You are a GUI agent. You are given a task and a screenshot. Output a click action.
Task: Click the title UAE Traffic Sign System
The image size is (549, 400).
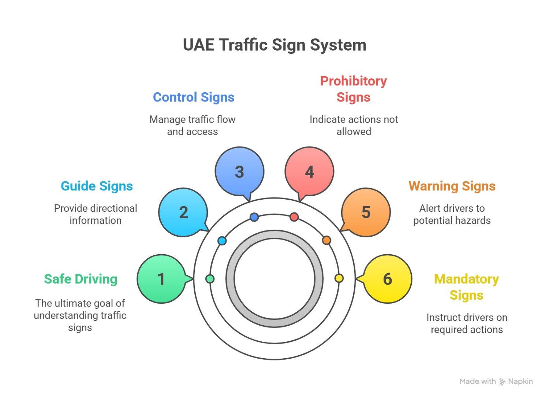point(274,45)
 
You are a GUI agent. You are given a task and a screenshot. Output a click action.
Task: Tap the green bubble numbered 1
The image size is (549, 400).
point(161,279)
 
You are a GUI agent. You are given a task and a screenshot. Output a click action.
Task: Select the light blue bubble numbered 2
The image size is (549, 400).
point(183,212)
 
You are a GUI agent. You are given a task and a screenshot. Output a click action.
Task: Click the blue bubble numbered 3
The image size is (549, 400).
point(239,172)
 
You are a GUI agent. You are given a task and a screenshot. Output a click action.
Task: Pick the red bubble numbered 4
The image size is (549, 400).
point(309,172)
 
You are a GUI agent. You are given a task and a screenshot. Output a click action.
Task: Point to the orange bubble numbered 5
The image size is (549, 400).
point(366,212)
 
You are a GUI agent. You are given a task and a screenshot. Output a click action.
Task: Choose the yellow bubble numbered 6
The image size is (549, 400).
point(388,279)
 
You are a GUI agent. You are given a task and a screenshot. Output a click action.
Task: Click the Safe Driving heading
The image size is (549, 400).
point(81,279)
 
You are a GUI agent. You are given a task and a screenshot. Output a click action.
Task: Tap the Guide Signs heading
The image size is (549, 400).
point(97,186)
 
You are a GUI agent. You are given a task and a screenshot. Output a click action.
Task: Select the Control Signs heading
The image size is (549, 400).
point(194,97)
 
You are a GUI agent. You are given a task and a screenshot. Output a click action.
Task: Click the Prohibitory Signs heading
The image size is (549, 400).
point(354,89)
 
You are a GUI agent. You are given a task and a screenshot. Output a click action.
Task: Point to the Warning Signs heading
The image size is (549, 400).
point(452,186)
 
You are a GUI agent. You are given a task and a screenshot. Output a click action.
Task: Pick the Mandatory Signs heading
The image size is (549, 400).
point(467,287)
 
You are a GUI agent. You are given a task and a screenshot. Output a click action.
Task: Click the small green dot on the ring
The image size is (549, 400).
point(210,279)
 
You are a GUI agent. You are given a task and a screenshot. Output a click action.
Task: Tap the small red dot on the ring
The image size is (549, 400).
point(294,217)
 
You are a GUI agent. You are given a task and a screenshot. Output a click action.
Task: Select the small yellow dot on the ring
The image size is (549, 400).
point(339,278)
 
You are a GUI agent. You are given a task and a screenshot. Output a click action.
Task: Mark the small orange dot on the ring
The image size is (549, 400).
point(326,241)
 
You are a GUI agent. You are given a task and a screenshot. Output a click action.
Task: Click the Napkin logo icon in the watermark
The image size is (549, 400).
point(502,382)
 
